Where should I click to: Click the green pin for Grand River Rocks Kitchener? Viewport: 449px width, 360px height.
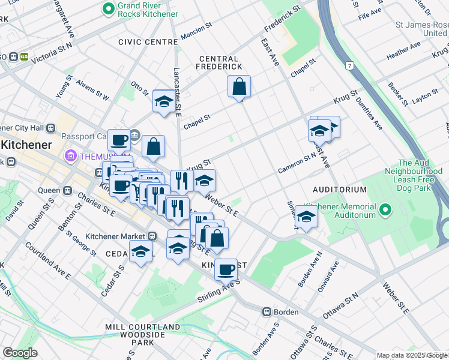pyautogui.click(x=109, y=8)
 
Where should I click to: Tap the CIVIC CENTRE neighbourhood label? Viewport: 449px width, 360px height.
pyautogui.click(x=148, y=42)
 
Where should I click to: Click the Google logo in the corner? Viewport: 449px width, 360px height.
pyautogui.click(x=20, y=353)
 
